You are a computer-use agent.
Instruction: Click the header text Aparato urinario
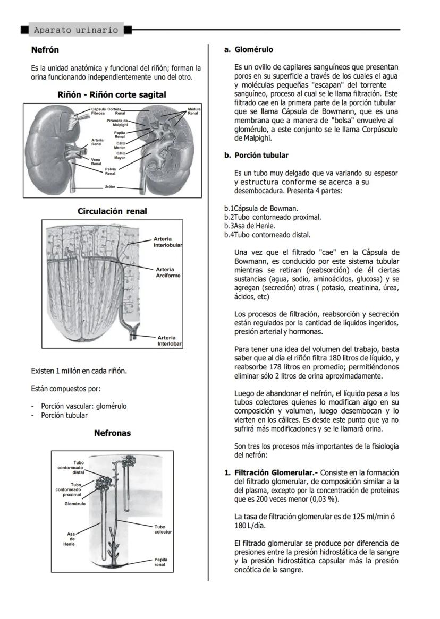(76, 30)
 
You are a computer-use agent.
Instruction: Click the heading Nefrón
(45, 50)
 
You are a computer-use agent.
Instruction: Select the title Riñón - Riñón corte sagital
(112, 94)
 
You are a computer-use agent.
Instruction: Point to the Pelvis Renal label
(110, 171)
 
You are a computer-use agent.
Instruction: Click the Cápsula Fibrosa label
(98, 111)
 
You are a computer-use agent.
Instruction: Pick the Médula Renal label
(193, 111)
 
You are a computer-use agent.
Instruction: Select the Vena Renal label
(96, 161)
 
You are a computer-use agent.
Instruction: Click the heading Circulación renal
(112, 211)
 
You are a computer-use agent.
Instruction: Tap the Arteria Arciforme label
(168, 272)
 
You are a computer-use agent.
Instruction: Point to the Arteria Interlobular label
(168, 242)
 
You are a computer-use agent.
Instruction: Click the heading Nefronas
(112, 433)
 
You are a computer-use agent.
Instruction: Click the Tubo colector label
(163, 529)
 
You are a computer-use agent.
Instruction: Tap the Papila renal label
(160, 562)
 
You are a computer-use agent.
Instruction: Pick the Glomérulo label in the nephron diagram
(75, 503)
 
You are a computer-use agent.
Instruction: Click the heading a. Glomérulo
(248, 50)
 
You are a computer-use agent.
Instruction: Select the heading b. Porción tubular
(256, 156)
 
